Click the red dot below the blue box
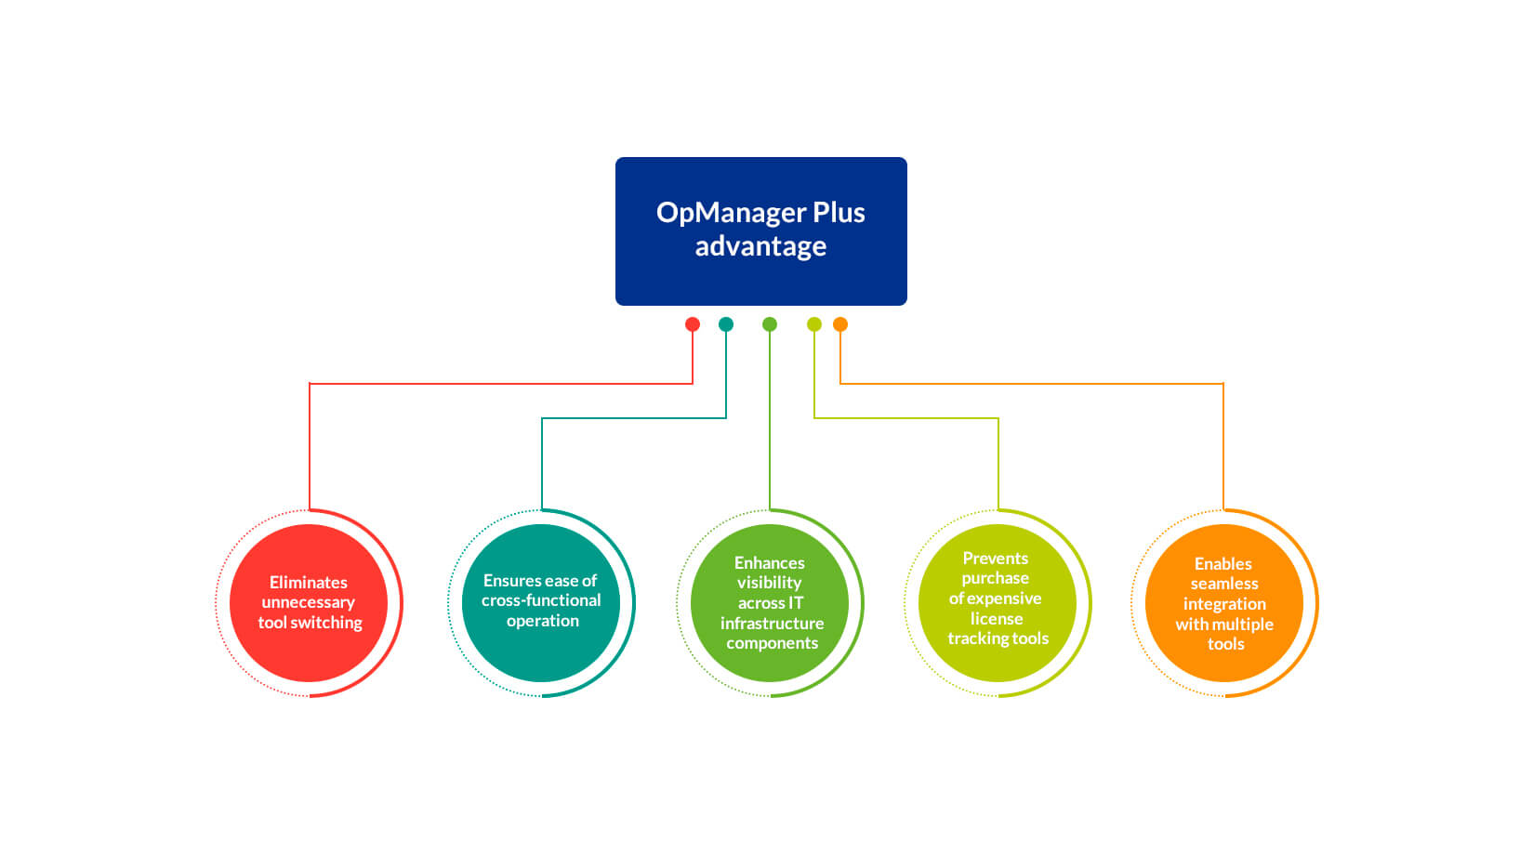click(x=693, y=324)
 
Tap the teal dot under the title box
click(x=726, y=324)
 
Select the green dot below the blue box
click(x=770, y=324)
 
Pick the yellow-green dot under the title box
click(x=814, y=324)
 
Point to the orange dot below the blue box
click(x=840, y=324)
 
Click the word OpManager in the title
click(x=731, y=213)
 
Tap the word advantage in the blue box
click(x=760, y=246)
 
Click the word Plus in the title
click(x=839, y=213)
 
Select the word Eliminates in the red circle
click(x=309, y=583)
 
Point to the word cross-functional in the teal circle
click(x=541, y=600)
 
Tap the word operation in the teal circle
click(x=543, y=621)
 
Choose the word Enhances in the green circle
click(x=770, y=563)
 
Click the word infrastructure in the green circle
click(x=772, y=624)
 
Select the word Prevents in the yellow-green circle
click(x=996, y=559)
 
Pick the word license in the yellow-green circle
click(x=997, y=619)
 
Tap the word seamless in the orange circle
click(x=1224, y=584)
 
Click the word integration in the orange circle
click(x=1224, y=604)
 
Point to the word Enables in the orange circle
click(x=1223, y=564)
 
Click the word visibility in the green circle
click(x=769, y=583)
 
